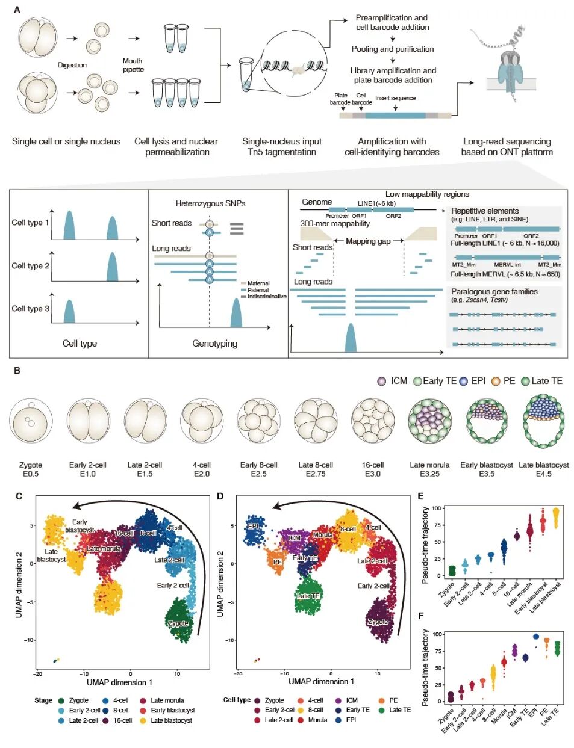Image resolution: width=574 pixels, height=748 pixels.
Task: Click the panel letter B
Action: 17,371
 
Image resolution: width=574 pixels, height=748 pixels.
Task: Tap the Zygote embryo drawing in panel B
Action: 31,421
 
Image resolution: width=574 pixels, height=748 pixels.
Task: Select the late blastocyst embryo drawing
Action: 544,421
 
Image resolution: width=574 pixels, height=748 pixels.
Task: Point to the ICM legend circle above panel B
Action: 382,381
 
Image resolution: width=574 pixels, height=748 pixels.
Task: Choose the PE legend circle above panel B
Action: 495,381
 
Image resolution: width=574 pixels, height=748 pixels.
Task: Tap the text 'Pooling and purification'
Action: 393,49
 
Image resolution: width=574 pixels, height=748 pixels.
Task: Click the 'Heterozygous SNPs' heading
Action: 210,204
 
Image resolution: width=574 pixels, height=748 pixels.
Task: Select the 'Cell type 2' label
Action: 31,265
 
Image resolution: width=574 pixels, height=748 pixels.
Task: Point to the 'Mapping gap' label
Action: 368,241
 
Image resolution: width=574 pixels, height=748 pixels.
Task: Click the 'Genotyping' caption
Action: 214,344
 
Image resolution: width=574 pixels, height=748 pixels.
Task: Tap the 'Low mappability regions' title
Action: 427,194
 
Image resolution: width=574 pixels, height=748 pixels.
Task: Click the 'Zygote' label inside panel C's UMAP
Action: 179,623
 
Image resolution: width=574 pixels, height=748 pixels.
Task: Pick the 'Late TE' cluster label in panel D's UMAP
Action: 308,596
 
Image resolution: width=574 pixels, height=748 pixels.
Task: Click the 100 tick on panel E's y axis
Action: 436,508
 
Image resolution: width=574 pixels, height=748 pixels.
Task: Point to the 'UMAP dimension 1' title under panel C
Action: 119,682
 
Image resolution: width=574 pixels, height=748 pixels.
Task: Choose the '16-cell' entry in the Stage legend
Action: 122,720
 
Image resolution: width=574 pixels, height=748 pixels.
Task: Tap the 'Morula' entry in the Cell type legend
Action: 317,720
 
